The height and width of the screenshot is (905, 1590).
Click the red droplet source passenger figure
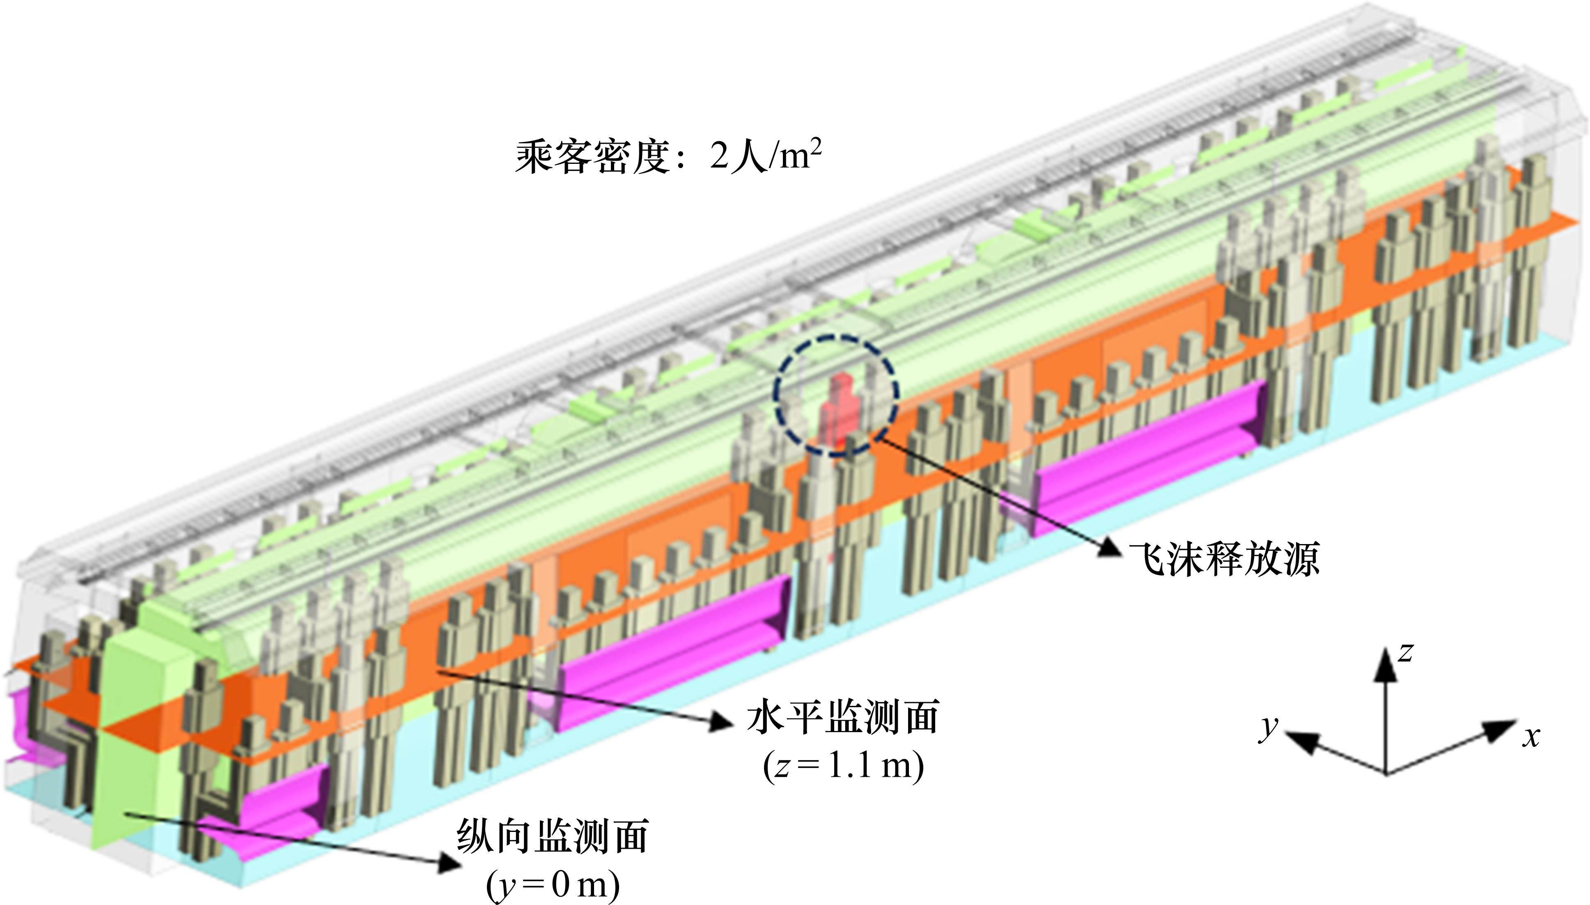coord(837,410)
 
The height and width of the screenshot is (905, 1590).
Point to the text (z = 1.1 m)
coord(843,766)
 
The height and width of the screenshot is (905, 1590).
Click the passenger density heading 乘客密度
coord(590,157)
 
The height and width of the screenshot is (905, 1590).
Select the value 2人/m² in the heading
coord(764,155)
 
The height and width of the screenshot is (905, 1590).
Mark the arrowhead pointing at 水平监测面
coord(721,721)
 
